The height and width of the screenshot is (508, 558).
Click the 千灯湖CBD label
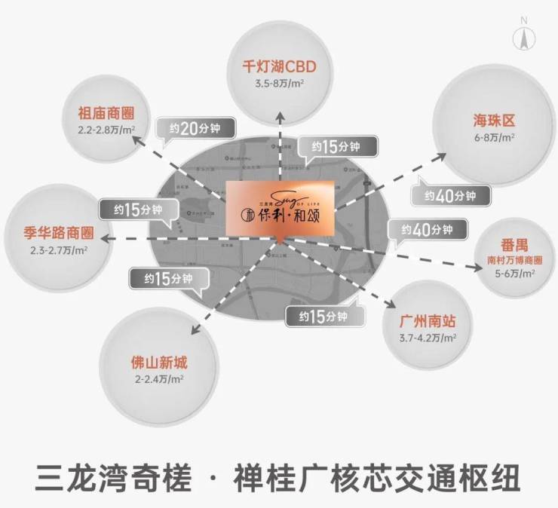(279, 66)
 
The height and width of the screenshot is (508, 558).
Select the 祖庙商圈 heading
(106, 115)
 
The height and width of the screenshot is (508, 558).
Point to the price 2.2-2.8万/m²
(106, 130)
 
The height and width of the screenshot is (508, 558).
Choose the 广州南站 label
(428, 322)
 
